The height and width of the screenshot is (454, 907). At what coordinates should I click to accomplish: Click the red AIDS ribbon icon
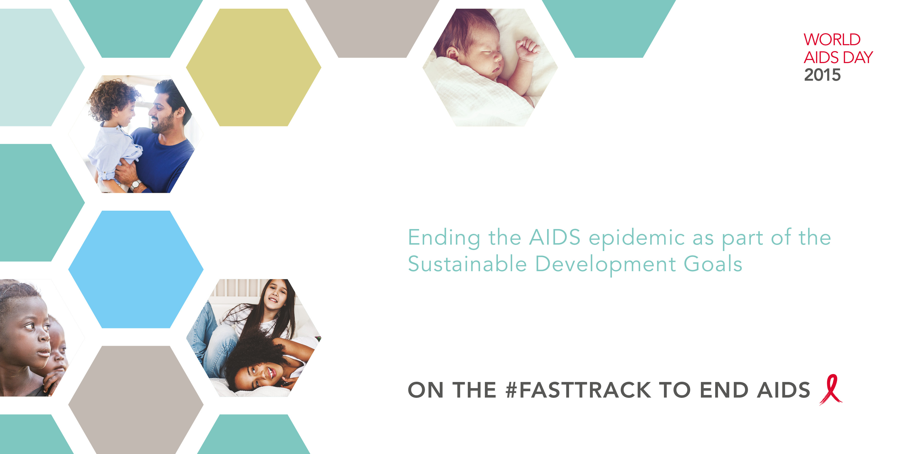[831, 390]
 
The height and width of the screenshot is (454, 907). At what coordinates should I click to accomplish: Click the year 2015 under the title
[822, 75]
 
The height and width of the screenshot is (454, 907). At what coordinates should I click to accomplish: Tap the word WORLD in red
[832, 40]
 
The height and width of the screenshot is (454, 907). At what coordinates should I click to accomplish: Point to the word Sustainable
[467, 264]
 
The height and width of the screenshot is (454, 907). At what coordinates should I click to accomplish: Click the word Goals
[713, 264]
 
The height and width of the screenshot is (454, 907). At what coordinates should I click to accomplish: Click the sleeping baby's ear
[452, 55]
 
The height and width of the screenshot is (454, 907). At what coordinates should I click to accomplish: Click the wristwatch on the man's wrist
[135, 184]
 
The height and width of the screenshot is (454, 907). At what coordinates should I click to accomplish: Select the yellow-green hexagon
[254, 67]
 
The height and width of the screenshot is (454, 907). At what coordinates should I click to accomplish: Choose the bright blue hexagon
[136, 269]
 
